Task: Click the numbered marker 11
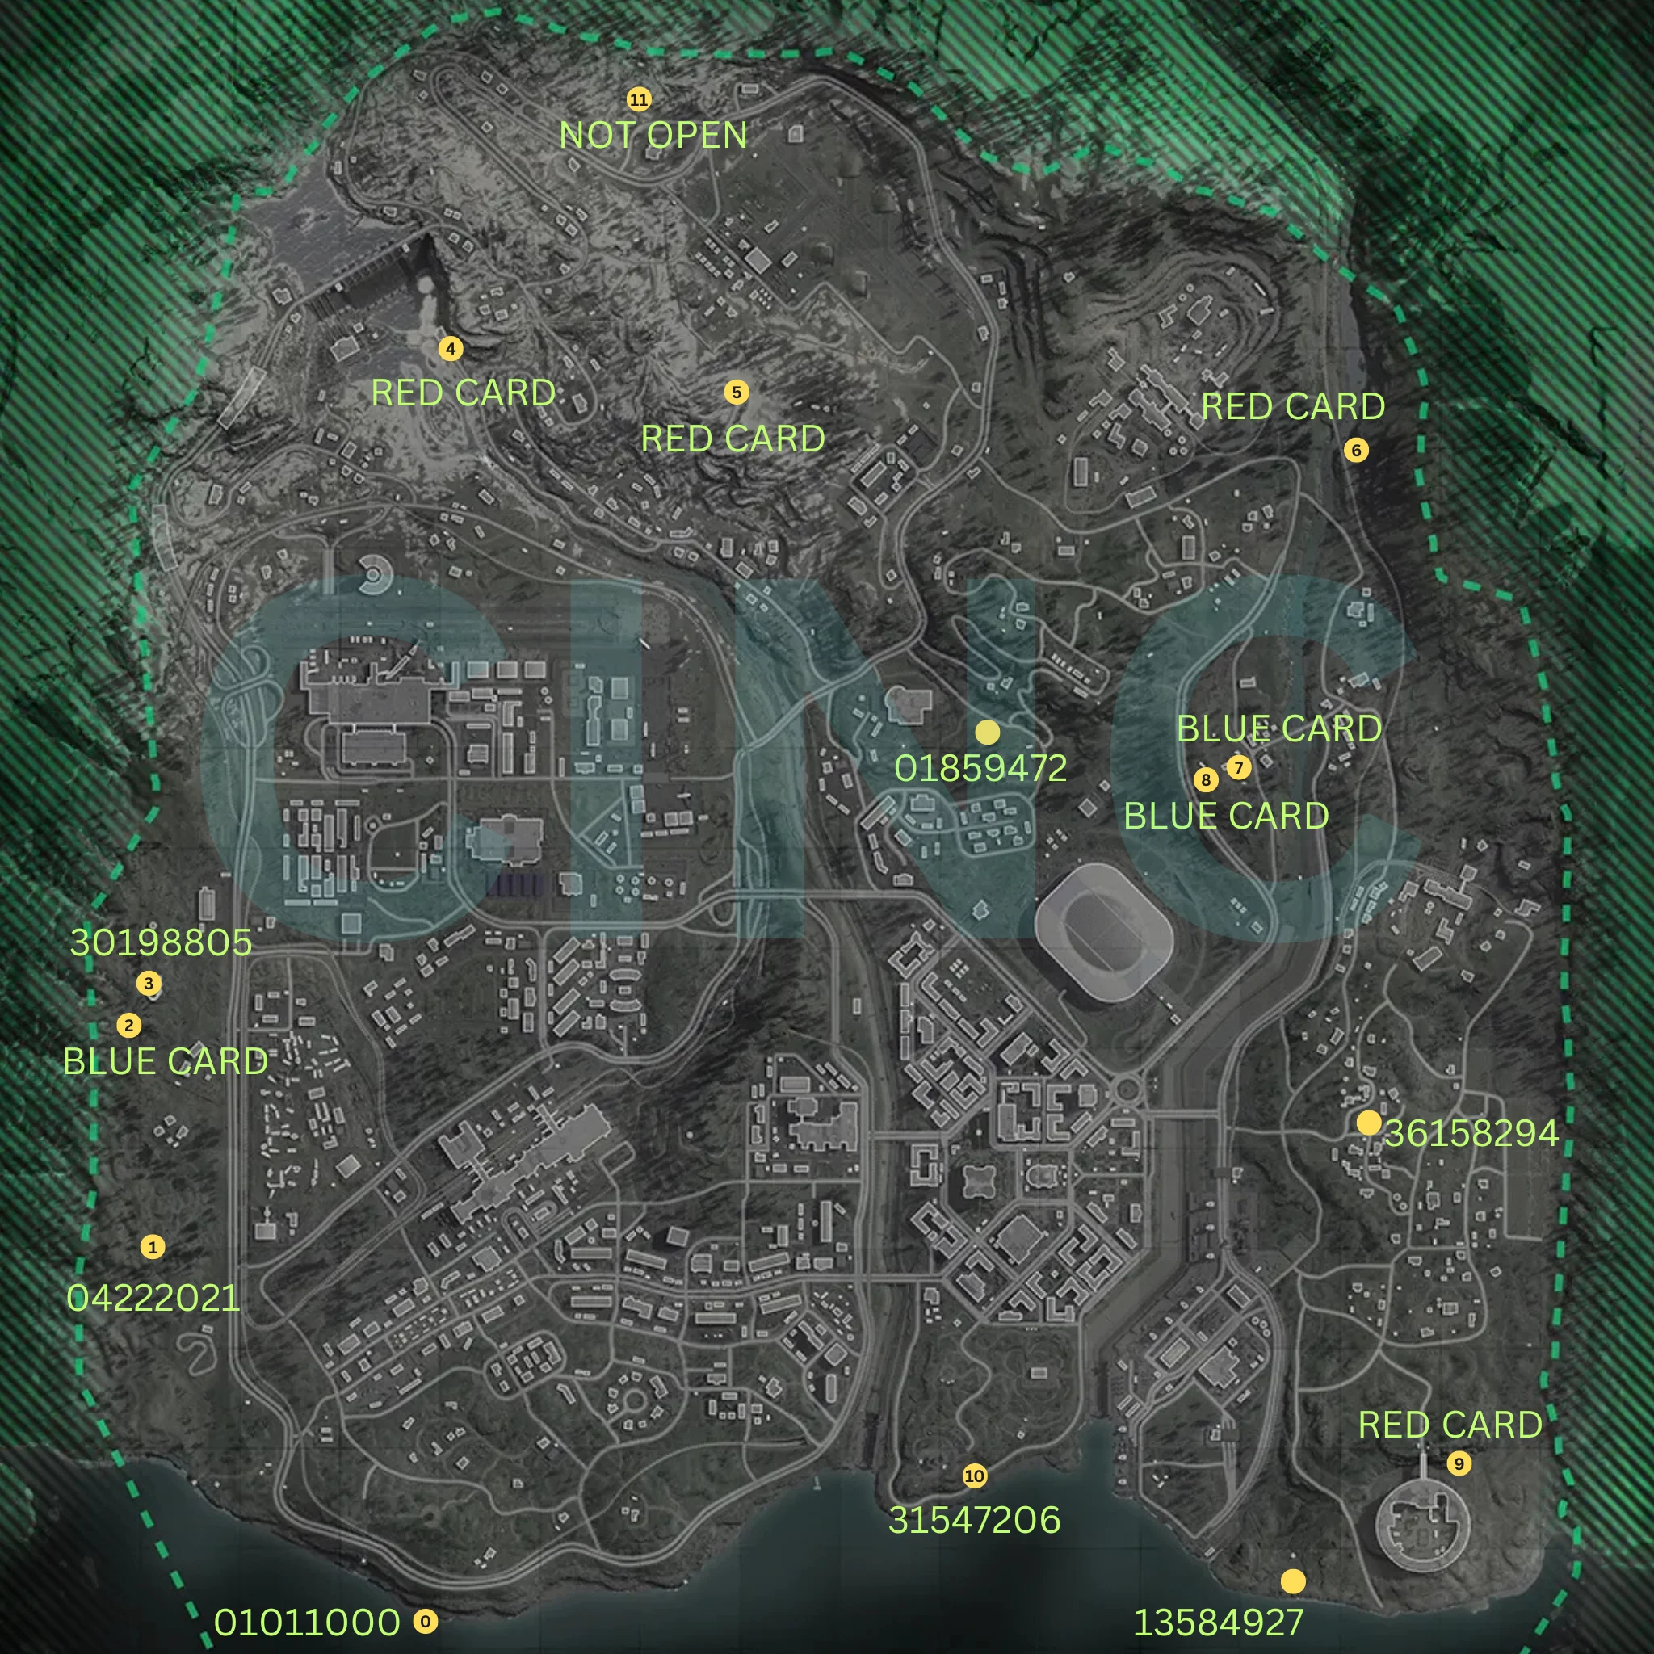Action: pos(639,99)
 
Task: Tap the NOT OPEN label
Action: pos(653,135)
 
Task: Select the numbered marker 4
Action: pos(451,348)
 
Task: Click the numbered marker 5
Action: pos(737,392)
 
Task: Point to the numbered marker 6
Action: pos(1356,451)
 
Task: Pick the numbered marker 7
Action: pos(1238,767)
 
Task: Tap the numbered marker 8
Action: pos(1206,779)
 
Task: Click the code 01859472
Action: pos(980,769)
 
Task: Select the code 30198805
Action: pos(161,942)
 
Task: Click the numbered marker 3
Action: pos(149,984)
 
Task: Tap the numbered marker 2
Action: pos(128,1026)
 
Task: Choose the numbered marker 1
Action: pos(153,1247)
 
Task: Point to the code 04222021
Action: pos(153,1299)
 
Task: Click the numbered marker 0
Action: pos(426,1622)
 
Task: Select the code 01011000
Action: pos(306,1623)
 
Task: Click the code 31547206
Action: pos(974,1521)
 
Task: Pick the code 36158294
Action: pos(1471,1133)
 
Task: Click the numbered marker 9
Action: pos(1459,1464)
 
